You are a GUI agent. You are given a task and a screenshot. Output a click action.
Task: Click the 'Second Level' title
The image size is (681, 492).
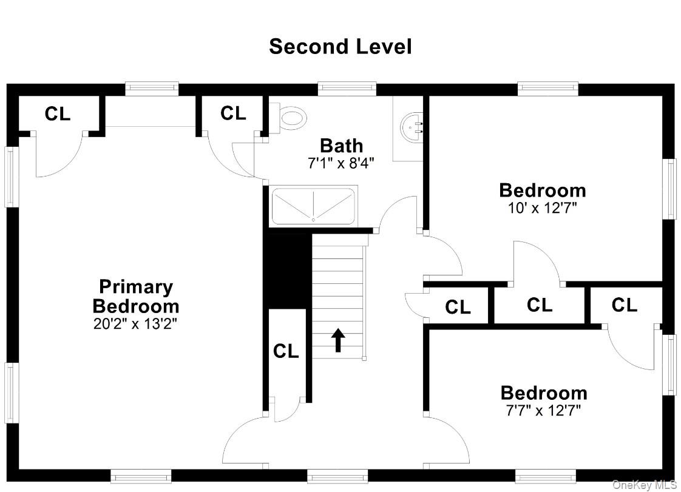(340, 47)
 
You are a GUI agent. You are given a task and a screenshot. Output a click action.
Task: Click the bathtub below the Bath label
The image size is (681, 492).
(313, 206)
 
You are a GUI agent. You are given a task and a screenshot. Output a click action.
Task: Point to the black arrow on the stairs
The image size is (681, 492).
(338, 340)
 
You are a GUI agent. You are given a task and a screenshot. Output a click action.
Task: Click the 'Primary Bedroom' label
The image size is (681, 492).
(135, 296)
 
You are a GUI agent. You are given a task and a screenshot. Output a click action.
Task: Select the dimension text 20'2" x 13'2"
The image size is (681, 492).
(135, 323)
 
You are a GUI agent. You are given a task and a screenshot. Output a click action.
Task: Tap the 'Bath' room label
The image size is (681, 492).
(341, 146)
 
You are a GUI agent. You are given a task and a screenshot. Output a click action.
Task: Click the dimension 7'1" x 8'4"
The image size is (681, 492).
(341, 163)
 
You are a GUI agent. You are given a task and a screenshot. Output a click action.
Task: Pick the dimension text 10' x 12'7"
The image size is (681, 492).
(542, 207)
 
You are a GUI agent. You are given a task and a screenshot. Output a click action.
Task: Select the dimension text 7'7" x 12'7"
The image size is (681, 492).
(543, 410)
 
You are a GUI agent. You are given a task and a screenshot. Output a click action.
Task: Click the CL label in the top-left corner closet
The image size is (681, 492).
(58, 114)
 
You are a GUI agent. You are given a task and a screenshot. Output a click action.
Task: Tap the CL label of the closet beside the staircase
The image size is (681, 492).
(286, 351)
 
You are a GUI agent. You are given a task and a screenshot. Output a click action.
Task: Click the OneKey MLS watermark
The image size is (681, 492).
(645, 484)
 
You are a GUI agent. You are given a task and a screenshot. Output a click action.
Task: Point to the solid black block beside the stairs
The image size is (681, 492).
(287, 271)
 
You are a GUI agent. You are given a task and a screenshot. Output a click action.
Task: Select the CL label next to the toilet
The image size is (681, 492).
(233, 113)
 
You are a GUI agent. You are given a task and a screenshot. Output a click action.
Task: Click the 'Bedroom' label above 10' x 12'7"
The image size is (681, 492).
(542, 190)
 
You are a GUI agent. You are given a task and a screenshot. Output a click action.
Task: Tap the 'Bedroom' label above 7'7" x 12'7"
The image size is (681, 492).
(543, 393)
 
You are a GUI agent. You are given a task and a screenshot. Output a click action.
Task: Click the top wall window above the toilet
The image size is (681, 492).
(347, 89)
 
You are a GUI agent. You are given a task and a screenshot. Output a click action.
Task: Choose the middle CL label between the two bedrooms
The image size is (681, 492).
(539, 305)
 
